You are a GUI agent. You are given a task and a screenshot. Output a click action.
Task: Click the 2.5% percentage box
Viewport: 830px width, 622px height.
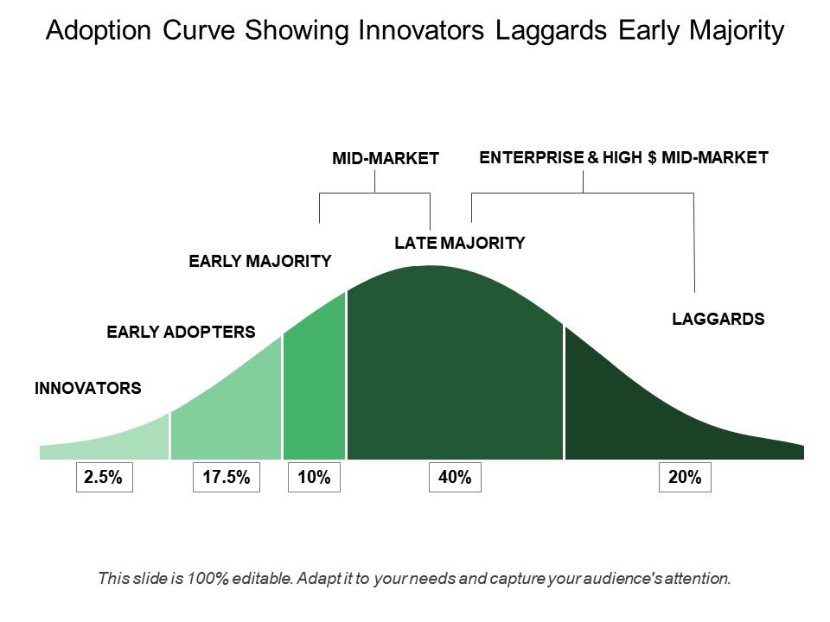point(105,477)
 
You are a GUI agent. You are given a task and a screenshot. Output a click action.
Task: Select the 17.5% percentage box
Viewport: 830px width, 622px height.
point(227,477)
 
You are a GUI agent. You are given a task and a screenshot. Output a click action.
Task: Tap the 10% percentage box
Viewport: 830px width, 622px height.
point(315,477)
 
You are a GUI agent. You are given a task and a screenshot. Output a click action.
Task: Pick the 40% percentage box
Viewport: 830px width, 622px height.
point(455,477)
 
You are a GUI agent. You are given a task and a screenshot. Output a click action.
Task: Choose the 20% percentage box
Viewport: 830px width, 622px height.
point(685,477)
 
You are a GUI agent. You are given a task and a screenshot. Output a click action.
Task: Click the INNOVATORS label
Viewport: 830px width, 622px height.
point(88,389)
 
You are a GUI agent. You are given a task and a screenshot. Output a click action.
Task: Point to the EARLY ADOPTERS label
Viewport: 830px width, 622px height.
point(181,332)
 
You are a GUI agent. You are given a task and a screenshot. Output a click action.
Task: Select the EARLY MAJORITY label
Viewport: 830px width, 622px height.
point(260,261)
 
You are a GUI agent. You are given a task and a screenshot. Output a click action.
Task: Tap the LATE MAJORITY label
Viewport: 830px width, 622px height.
point(459,244)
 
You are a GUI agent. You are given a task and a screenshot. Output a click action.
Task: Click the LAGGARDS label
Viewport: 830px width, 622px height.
point(718,319)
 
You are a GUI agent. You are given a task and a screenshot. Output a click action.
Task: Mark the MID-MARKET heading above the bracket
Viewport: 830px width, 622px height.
point(386,159)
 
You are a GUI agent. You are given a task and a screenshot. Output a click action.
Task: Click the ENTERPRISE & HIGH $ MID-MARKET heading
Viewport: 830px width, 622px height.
point(623,158)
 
